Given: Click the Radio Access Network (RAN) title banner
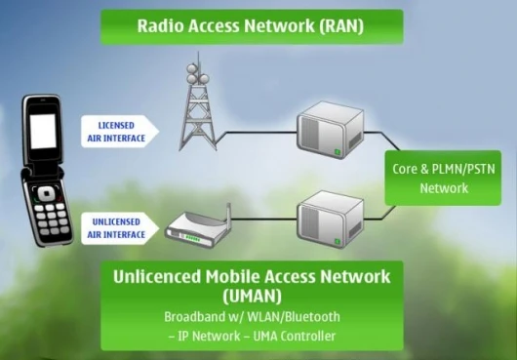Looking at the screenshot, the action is pyautogui.click(x=252, y=26).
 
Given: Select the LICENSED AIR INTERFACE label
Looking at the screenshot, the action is pyautogui.click(x=120, y=132).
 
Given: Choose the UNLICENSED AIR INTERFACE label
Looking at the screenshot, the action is pyautogui.click(x=120, y=228).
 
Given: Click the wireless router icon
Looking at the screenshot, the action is pyautogui.click(x=198, y=226).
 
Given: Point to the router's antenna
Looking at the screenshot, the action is pyautogui.click(x=228, y=215).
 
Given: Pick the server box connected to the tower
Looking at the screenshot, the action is pyautogui.click(x=330, y=130).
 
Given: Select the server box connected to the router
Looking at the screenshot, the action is pyautogui.click(x=330, y=220).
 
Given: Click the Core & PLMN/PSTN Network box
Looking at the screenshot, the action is pyautogui.click(x=443, y=178).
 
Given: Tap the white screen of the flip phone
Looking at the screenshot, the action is pyautogui.click(x=43, y=131).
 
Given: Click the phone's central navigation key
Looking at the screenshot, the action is pyautogui.click(x=46, y=194).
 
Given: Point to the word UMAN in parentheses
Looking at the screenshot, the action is pyautogui.click(x=253, y=296).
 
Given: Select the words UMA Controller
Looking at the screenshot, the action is pyautogui.click(x=295, y=337).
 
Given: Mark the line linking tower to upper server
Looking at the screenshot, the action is pyautogui.click(x=256, y=133).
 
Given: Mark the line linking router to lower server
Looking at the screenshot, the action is pyautogui.click(x=264, y=219).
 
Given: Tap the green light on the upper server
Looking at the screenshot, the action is pyautogui.click(x=338, y=152).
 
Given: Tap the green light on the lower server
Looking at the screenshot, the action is pyautogui.click(x=338, y=242).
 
